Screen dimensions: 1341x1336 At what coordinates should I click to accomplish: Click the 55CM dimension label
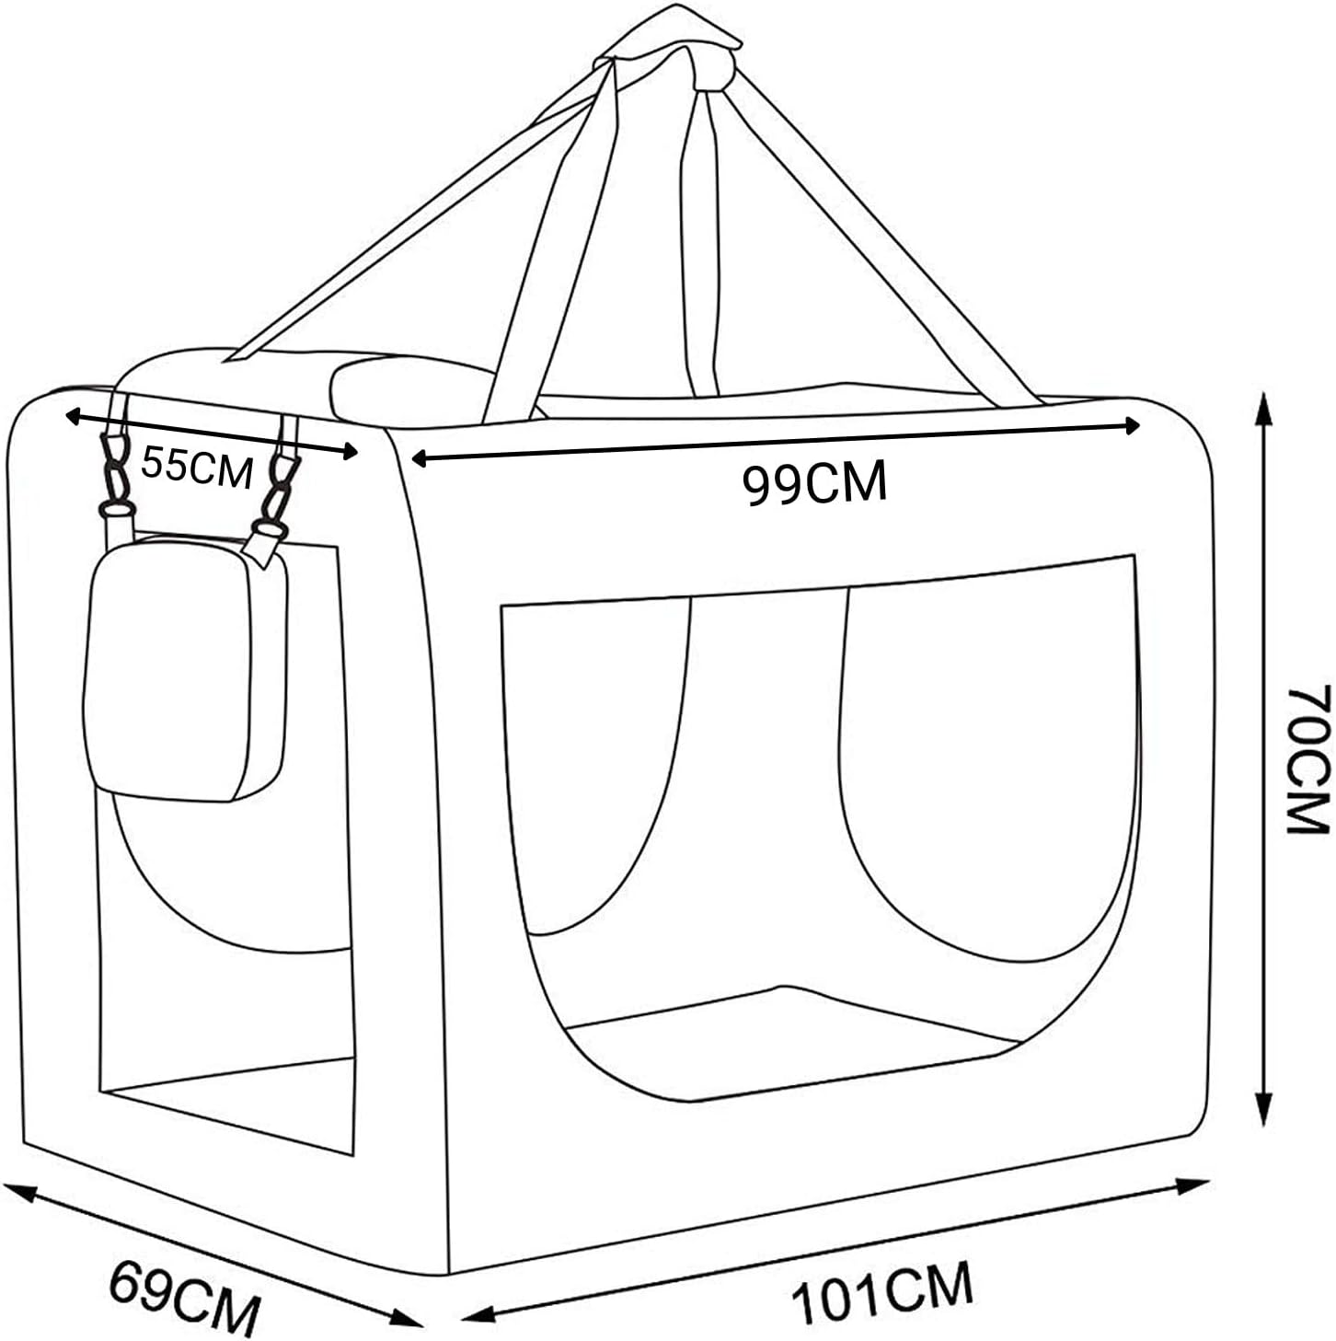(x=196, y=468)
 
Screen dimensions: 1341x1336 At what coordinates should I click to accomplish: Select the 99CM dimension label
(x=814, y=483)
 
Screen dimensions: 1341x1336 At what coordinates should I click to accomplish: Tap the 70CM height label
(x=1306, y=757)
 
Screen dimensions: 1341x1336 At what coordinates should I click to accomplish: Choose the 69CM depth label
(x=184, y=1298)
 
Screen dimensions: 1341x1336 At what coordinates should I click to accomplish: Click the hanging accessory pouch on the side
(x=184, y=670)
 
